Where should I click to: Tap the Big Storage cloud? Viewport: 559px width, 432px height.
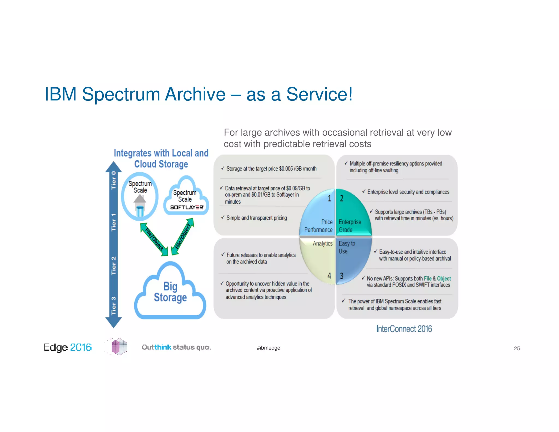(x=170, y=292)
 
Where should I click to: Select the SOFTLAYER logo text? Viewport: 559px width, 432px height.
(x=187, y=207)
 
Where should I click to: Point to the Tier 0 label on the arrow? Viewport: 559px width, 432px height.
(x=114, y=180)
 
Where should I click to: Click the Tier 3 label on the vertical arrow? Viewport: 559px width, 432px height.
(x=114, y=306)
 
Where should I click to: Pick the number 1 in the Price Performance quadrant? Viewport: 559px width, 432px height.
(x=329, y=199)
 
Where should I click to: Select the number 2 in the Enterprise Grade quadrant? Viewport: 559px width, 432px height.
(x=341, y=199)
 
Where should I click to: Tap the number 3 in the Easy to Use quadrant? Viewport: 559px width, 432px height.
(x=341, y=276)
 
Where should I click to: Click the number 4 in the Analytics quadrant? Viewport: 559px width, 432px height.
(x=329, y=276)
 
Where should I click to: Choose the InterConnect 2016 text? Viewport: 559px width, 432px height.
(x=404, y=329)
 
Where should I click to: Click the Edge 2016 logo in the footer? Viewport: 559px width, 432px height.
(x=67, y=347)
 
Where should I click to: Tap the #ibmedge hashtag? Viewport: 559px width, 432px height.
(x=268, y=348)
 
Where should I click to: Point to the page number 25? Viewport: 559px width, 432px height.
(x=517, y=348)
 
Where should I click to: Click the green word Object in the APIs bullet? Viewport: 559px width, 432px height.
(x=444, y=279)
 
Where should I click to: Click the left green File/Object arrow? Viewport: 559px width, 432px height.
(x=154, y=239)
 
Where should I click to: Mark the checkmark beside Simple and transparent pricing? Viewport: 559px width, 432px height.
(x=223, y=217)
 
